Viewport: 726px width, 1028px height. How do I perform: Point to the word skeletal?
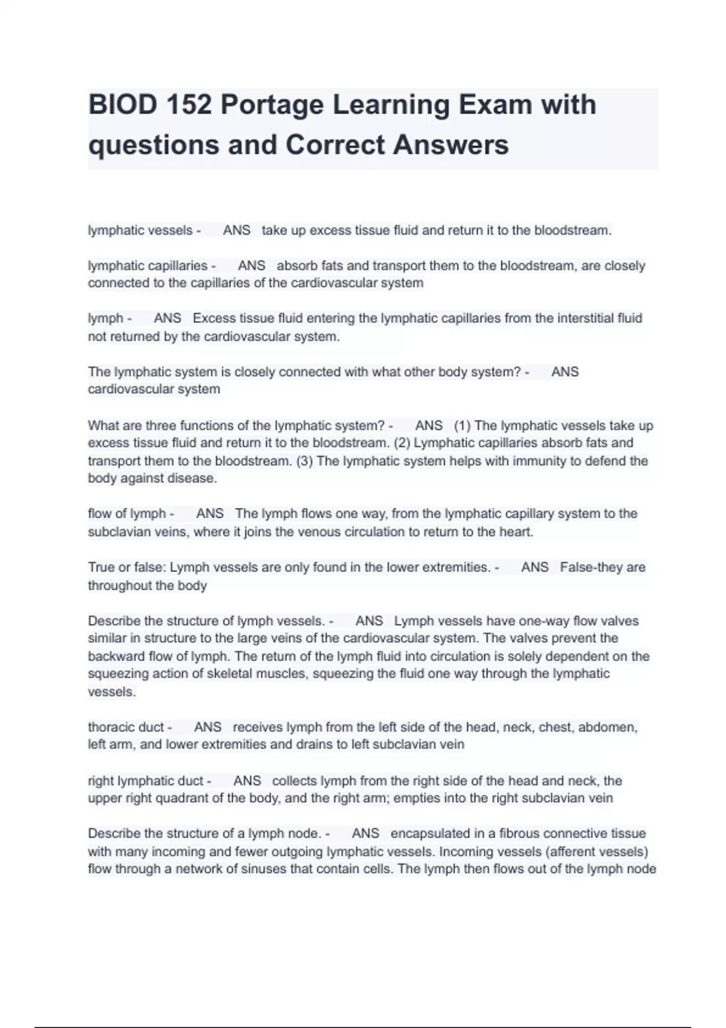coord(229,674)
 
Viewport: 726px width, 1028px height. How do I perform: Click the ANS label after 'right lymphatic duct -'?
coord(247,781)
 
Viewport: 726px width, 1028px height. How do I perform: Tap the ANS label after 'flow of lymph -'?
coord(210,514)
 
